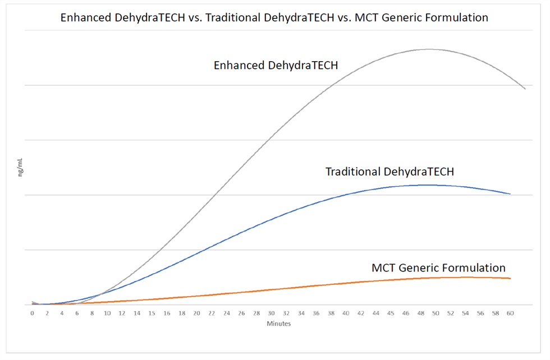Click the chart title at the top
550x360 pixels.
[x=274, y=17]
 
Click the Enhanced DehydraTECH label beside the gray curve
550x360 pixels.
[x=276, y=66]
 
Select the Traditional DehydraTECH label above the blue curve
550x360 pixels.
[x=389, y=172]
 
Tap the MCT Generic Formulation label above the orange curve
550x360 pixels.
[x=438, y=267]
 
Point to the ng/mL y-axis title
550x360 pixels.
[x=20, y=169]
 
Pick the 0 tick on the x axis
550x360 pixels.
[x=33, y=313]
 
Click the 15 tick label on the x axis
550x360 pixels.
[x=152, y=313]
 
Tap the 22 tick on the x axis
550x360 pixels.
[x=212, y=313]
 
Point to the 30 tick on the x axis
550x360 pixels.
[x=271, y=313]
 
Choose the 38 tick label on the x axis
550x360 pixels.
[x=331, y=313]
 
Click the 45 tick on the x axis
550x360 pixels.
[x=391, y=313]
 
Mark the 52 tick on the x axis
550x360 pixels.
[x=451, y=313]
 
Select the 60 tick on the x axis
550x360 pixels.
[x=510, y=313]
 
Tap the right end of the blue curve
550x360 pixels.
[x=510, y=194]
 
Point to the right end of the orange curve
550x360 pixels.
[x=510, y=278]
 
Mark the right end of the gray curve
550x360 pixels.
[x=525, y=89]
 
